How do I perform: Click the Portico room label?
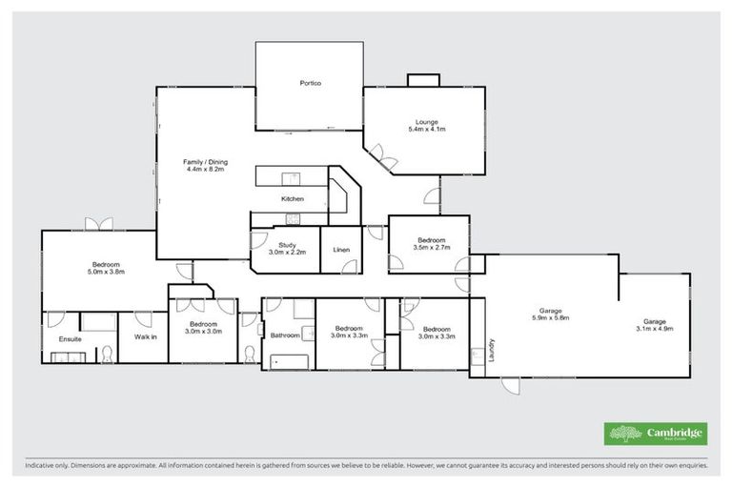tap(310, 84)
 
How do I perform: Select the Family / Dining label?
tap(204, 166)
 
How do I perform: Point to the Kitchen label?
tap(292, 198)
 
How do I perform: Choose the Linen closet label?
tap(340, 249)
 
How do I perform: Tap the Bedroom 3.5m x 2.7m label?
tap(431, 243)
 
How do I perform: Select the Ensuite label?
tap(70, 337)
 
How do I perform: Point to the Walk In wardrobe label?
tap(144, 336)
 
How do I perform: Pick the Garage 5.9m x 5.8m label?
tap(550, 315)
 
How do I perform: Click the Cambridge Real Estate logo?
tap(656, 433)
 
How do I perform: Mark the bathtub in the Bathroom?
tap(290, 360)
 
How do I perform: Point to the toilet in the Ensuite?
tap(108, 355)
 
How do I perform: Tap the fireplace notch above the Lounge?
tap(419, 80)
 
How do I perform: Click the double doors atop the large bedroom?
tap(98, 224)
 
